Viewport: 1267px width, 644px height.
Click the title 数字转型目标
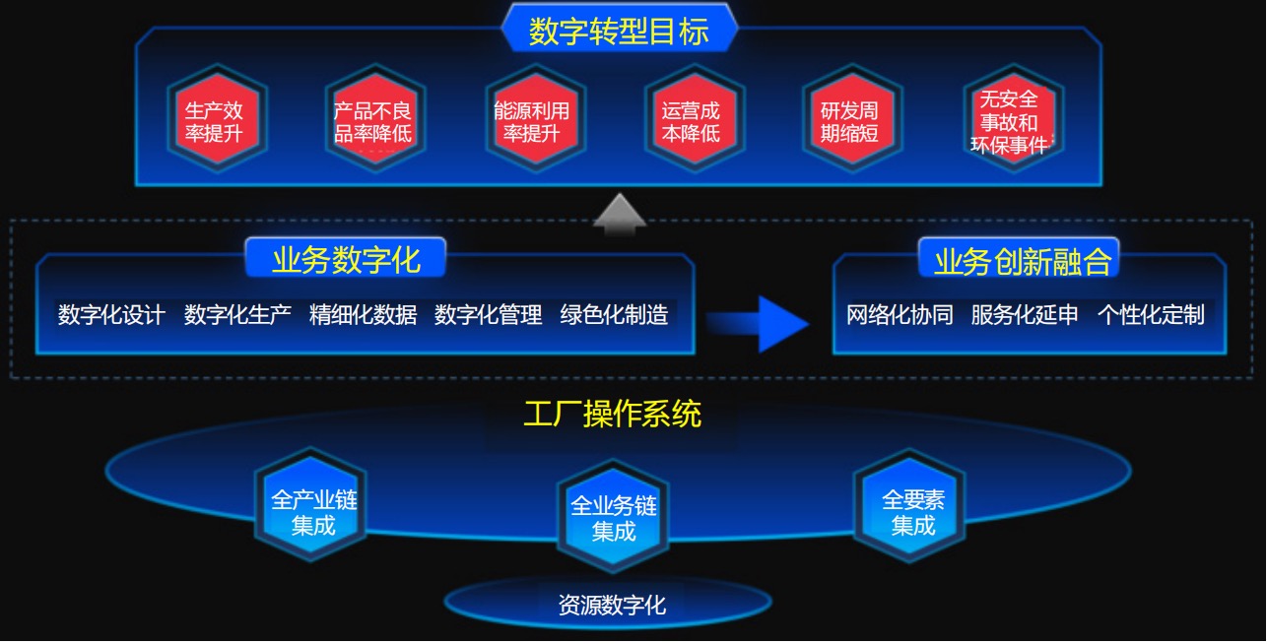coord(619,32)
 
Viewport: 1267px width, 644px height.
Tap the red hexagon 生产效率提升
coord(217,118)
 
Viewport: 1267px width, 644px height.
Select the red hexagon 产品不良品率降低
coord(375,118)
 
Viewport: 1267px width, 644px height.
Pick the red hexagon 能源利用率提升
coord(535,118)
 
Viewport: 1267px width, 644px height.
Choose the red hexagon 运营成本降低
coord(694,118)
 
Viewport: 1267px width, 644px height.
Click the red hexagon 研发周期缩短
coord(852,118)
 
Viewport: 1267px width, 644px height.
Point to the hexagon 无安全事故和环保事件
coord(1013,118)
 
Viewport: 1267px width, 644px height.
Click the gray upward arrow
coord(620,215)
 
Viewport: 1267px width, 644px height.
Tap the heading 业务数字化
coord(346,260)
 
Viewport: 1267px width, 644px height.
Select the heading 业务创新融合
coord(1022,261)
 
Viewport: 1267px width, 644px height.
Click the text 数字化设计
coord(111,315)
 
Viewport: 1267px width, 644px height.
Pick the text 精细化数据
coord(364,315)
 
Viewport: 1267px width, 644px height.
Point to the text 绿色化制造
coord(614,315)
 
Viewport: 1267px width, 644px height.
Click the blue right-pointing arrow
coord(758,324)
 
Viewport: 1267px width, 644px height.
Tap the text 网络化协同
coord(900,315)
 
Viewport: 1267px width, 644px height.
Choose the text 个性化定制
coord(1151,315)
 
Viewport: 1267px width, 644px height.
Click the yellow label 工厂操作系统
coord(613,415)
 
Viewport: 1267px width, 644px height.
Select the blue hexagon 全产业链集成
coord(310,505)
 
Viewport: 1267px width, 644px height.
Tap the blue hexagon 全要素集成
coord(909,506)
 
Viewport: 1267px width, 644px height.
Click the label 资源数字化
coord(612,606)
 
